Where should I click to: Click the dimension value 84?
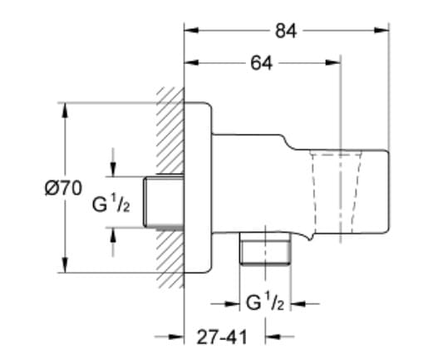[x=286, y=32]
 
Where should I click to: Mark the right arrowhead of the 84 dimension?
[x=383, y=32]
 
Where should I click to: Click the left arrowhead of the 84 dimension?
[x=190, y=32]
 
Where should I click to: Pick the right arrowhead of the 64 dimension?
[x=335, y=63]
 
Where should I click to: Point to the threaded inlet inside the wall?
[x=162, y=202]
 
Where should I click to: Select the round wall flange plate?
[x=199, y=187]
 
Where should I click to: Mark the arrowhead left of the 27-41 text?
[x=176, y=338]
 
